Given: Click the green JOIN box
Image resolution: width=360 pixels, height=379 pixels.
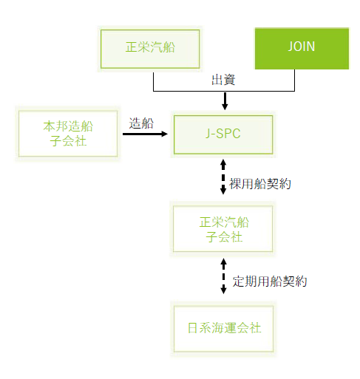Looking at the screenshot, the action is click(x=302, y=48).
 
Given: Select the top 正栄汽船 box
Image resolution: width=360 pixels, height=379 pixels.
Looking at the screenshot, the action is click(x=150, y=49).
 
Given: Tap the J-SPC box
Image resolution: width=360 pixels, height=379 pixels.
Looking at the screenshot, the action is click(x=223, y=134).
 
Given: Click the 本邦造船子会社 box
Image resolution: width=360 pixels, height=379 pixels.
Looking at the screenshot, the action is click(x=68, y=133).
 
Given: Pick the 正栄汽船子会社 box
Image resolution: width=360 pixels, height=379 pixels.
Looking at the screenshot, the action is click(x=223, y=229).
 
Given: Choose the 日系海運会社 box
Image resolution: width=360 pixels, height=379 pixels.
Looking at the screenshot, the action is click(x=223, y=329).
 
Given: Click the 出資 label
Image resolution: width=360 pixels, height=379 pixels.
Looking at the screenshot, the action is click(x=223, y=80).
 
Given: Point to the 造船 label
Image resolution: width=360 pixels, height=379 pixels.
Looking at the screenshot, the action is click(x=141, y=123).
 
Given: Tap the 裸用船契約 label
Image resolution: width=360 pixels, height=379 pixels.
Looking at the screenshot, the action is click(x=260, y=184).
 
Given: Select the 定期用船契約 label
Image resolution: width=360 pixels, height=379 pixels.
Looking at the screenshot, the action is click(x=270, y=281).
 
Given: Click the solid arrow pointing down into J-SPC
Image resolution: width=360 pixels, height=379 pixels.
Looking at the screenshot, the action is click(x=225, y=101).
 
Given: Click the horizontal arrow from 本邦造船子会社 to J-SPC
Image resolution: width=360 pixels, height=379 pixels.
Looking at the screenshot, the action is click(x=145, y=134).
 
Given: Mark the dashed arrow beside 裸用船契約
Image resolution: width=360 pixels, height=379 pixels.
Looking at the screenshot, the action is click(x=223, y=177).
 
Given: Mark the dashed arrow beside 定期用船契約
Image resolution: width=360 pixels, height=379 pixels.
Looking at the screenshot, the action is click(x=223, y=276).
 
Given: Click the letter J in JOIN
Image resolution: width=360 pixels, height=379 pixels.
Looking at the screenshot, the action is click(x=291, y=47).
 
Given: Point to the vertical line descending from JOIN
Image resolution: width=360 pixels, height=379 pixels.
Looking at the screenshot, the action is click(x=294, y=80).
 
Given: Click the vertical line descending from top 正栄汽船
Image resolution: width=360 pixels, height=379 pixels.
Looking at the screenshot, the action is click(x=154, y=81).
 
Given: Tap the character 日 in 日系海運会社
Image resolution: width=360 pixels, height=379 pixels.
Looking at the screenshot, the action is click(x=192, y=328).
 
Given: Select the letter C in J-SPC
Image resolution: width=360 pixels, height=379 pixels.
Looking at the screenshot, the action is click(x=236, y=134).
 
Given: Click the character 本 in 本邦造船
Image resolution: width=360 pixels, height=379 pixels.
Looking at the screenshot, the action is click(x=50, y=126).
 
